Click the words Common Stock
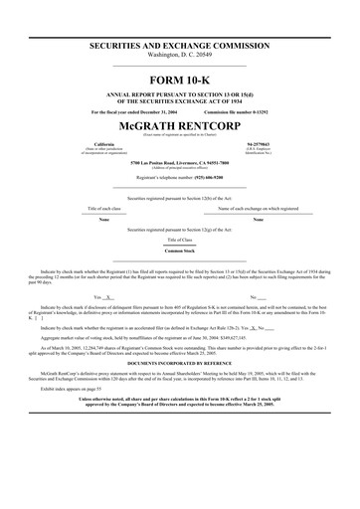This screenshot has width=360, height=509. tap(180, 251)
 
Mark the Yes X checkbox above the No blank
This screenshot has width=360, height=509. tap(104, 297)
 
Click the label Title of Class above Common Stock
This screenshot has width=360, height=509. tap(180, 240)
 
